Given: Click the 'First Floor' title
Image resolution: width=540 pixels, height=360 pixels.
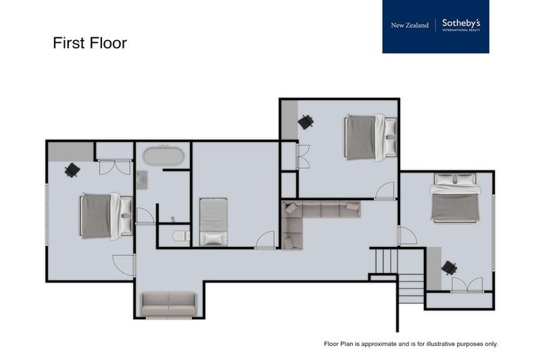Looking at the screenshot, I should point(89,43).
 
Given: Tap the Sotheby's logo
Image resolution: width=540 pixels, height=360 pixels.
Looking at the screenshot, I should point(461,25).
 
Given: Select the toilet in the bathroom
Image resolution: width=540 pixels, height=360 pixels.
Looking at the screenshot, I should point(181,236).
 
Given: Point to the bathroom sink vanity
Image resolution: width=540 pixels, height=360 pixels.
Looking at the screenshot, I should point(143,180).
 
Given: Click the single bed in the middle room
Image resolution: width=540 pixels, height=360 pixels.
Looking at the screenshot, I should point(213,221).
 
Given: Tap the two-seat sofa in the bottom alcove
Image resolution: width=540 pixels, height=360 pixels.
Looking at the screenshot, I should point(169,304).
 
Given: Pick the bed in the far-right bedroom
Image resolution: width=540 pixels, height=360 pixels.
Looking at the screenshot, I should point(455,197).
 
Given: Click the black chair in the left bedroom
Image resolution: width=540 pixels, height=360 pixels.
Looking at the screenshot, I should point(72,170).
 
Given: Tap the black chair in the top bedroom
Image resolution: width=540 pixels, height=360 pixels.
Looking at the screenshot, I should point(305,122).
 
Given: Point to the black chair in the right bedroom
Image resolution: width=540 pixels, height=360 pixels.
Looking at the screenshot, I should point(449,268).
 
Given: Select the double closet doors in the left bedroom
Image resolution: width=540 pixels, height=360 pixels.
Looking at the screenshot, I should point(114,167).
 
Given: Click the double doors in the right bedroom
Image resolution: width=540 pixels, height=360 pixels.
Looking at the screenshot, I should point(466,285).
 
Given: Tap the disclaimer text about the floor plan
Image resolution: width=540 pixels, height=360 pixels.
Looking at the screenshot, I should point(410,344).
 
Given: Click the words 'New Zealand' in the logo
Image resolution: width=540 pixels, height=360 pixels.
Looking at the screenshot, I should point(409,25).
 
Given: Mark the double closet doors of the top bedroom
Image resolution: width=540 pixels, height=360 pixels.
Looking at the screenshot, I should point(303,157).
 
